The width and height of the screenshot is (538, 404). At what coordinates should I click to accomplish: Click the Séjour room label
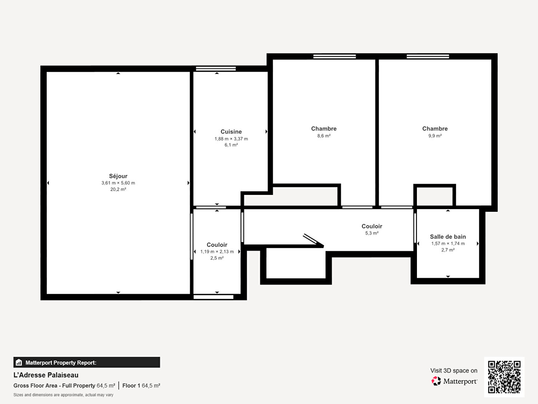[118, 176]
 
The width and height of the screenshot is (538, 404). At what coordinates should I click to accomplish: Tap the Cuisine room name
[231, 132]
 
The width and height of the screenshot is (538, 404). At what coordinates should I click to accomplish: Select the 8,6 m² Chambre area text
[324, 136]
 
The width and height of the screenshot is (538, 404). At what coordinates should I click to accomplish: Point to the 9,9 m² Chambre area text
[435, 136]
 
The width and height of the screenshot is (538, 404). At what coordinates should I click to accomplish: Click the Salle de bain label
[448, 237]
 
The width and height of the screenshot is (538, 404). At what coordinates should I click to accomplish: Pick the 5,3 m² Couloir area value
[372, 233]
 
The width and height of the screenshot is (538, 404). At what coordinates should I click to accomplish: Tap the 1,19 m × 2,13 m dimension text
[217, 252]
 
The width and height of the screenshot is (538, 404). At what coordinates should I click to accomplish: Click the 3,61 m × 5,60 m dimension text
[118, 183]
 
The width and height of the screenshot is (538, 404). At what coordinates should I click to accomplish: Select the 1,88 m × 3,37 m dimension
[231, 139]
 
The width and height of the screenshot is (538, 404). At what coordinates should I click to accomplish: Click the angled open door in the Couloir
[313, 241]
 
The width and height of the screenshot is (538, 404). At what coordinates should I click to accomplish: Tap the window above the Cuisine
[216, 69]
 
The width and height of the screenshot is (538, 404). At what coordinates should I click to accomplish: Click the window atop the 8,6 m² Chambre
[334, 56]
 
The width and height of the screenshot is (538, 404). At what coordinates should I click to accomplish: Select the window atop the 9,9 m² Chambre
[428, 56]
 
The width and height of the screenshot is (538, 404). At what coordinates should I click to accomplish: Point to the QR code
[504, 377]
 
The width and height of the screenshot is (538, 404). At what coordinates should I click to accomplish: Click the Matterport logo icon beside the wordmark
[436, 381]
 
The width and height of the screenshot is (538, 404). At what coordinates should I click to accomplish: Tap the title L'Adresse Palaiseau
[46, 375]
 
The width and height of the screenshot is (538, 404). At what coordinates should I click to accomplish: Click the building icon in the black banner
[19, 362]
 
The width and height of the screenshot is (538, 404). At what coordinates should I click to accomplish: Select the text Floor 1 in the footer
[131, 386]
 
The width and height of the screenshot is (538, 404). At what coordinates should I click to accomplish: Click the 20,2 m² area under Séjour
[118, 189]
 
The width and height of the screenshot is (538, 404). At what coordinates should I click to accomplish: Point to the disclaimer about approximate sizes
[63, 395]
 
